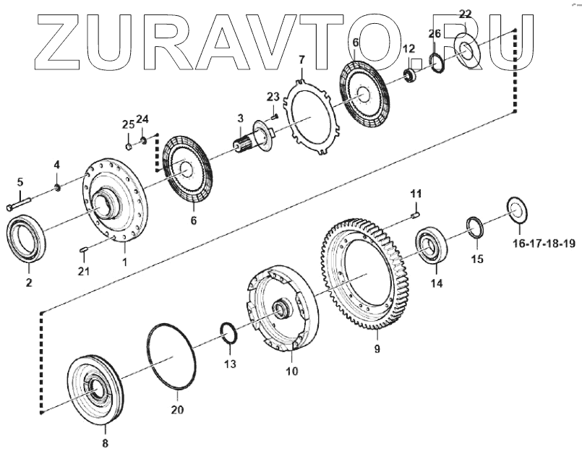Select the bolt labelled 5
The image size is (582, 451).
pos(20,203)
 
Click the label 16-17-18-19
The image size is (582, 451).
pos(544,243)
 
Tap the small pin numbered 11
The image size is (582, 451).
pos(415,212)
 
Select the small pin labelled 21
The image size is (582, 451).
pos(82,250)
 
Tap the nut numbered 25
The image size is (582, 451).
pos(128,145)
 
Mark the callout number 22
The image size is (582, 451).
pos(465,14)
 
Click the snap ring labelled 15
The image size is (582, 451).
pos(475,228)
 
